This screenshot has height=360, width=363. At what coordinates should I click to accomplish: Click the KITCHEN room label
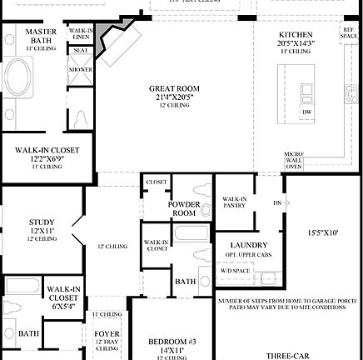point(295,34)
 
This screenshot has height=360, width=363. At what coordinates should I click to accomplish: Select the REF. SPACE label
point(348,33)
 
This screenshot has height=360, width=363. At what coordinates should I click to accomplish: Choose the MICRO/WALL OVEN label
point(293,160)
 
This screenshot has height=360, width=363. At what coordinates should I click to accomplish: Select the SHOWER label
point(80,69)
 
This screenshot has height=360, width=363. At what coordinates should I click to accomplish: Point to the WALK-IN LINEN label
point(81,33)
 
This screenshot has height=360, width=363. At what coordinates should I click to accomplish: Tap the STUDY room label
point(18,222)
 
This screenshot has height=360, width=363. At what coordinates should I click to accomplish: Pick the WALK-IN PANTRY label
point(233,202)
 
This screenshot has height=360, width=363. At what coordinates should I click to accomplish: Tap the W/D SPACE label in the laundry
point(234,271)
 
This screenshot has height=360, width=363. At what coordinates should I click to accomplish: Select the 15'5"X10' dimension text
point(323,232)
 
